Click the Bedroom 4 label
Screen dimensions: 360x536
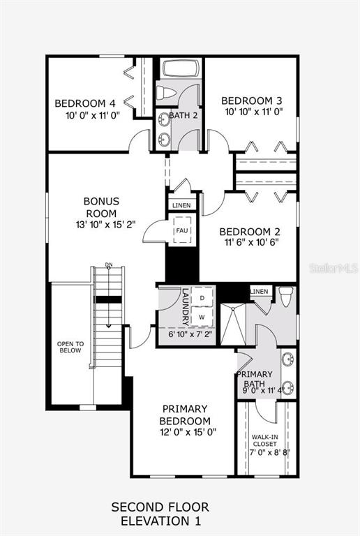click(x=85, y=103)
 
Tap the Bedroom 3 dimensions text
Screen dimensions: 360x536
click(x=254, y=112)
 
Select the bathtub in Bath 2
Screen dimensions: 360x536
click(x=180, y=68)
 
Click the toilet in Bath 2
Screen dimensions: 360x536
click(x=166, y=92)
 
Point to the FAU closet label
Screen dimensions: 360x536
click(x=181, y=230)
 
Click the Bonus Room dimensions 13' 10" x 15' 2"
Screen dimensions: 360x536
click(x=106, y=225)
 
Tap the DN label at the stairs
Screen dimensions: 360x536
click(x=109, y=265)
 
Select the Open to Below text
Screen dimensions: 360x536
click(x=70, y=347)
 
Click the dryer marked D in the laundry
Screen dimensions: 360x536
click(x=202, y=297)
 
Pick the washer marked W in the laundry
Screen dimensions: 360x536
click(x=202, y=318)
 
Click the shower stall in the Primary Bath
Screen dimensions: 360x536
click(x=233, y=324)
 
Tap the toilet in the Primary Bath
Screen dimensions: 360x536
click(x=286, y=296)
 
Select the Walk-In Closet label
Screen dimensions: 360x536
click(x=264, y=440)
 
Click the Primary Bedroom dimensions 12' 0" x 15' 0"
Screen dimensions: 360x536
click(x=188, y=432)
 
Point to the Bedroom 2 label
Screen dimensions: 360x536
click(x=250, y=232)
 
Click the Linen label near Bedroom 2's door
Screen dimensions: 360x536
click(x=181, y=205)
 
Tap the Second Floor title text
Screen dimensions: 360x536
click(x=160, y=507)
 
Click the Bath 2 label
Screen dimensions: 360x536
click(x=183, y=115)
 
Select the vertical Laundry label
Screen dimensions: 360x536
click(x=186, y=307)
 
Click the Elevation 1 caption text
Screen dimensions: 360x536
click(x=161, y=521)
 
